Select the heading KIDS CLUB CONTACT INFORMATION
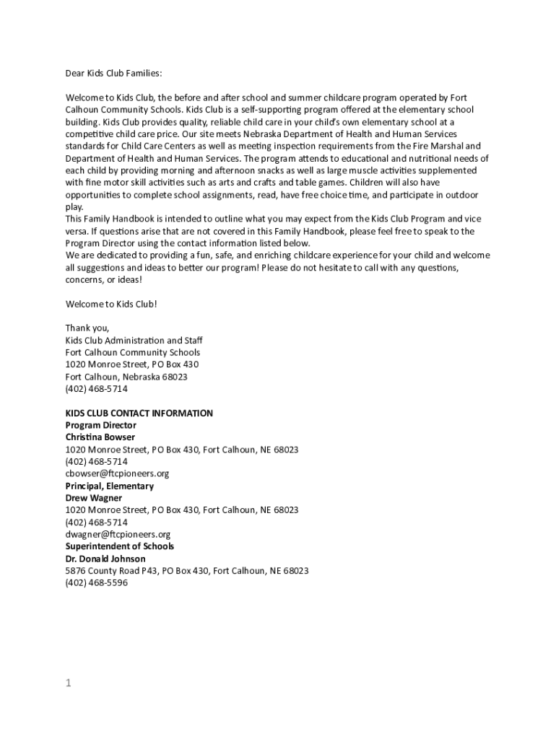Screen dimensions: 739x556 click(139, 414)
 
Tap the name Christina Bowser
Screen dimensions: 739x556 click(100, 437)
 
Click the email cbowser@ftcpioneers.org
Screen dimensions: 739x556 click(117, 473)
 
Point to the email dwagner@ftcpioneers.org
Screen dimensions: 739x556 click(118, 535)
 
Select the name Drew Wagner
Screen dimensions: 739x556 click(94, 498)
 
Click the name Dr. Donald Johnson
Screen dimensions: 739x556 click(105, 559)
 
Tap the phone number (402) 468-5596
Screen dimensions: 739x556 click(97, 583)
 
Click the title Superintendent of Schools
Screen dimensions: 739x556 click(120, 546)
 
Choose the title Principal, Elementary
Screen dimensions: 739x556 click(110, 486)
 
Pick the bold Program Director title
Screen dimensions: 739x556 click(101, 426)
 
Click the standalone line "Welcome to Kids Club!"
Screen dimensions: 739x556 click(111, 304)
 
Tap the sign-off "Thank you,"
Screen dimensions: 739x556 click(87, 328)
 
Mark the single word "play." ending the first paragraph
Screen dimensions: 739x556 click(74, 206)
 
